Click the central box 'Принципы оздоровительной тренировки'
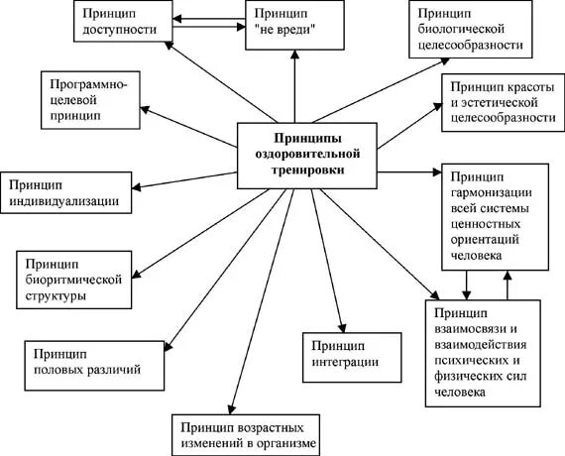(x=307, y=156)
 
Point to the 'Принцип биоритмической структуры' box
(x=72, y=280)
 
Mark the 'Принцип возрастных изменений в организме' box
(x=249, y=432)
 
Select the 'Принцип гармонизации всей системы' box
(x=492, y=215)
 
